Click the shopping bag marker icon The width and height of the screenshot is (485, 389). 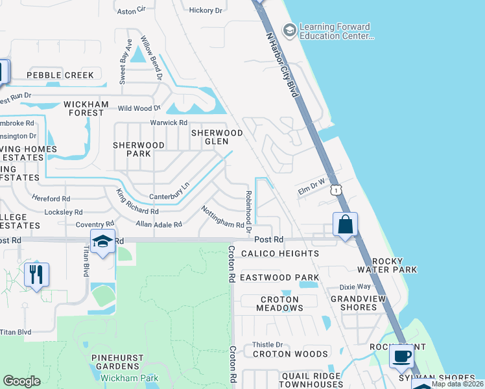[346, 225]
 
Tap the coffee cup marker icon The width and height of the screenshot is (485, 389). [402, 356]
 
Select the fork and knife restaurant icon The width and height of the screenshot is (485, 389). [36, 274]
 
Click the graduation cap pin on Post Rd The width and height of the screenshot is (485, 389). [102, 241]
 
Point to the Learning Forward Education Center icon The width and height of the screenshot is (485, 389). [289, 30]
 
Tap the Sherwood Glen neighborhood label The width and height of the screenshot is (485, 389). [216, 137]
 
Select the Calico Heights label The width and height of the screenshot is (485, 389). [279, 253]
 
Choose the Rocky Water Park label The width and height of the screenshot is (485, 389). [386, 265]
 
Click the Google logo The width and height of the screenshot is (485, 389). [21, 381]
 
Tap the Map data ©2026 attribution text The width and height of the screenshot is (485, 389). [457, 384]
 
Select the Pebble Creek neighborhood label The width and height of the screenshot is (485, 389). [60, 75]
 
